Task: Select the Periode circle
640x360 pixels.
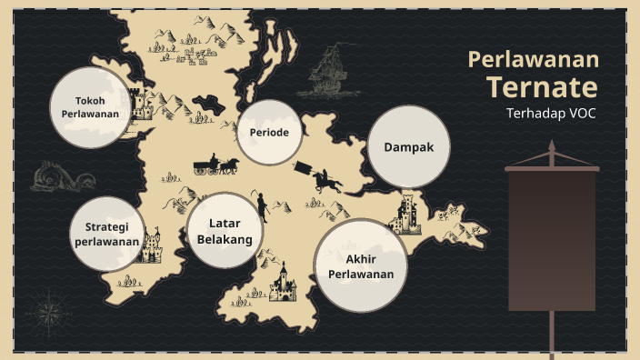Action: [x=269, y=133]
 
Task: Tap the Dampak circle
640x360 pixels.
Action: [x=402, y=145]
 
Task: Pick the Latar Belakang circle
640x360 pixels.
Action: [x=224, y=230]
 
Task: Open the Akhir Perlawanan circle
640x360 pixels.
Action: [x=361, y=265]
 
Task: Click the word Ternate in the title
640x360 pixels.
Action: [x=542, y=87]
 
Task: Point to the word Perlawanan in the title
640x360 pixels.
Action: [x=533, y=60]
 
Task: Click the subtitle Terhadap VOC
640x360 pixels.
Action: [x=552, y=114]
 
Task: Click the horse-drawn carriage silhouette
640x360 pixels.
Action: [x=215, y=165]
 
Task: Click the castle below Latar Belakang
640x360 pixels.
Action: [x=282, y=284]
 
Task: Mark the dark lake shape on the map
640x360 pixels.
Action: [x=211, y=103]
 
